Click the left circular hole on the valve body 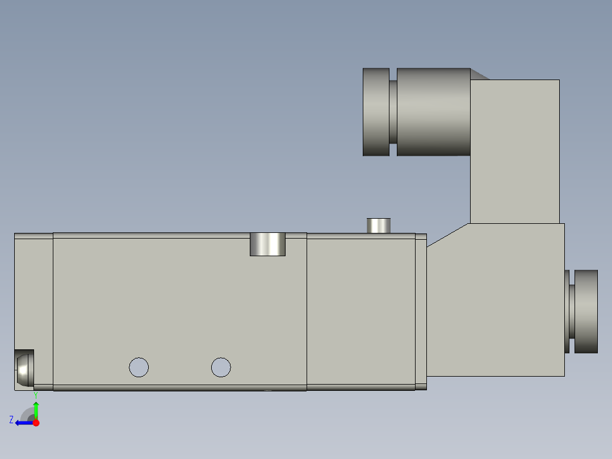point(139,367)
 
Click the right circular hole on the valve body point(221,367)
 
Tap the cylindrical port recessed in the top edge point(267,244)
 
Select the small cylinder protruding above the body point(379,226)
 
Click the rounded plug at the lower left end point(23,369)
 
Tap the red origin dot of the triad point(36,423)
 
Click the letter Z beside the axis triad point(11,420)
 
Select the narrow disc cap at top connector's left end point(376,112)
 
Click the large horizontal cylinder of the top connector point(433,112)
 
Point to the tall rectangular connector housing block point(514,151)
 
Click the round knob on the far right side point(586,311)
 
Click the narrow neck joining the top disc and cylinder point(393,112)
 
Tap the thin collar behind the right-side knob point(567,311)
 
